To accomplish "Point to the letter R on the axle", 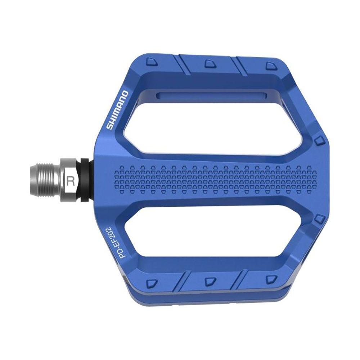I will [71, 181].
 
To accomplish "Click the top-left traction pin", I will [152, 62].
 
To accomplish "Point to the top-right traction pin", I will [271, 66].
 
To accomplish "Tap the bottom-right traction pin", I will [271, 279].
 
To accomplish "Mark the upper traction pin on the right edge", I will [319, 140].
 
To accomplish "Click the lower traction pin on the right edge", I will [319, 218].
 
